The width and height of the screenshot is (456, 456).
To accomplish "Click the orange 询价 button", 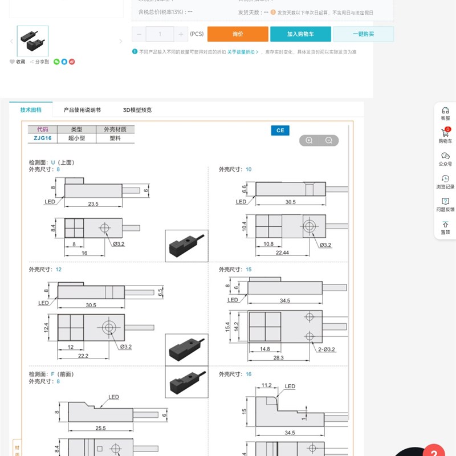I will pos(238,34).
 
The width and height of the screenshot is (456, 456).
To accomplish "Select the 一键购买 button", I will pos(363,34).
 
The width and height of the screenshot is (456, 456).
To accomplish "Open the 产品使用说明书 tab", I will pos(82,110).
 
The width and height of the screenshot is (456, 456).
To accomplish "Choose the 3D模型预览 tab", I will pos(137,110).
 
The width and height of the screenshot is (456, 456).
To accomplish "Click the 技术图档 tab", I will pos(31,110).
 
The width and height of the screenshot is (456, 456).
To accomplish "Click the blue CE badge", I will pos(280,131).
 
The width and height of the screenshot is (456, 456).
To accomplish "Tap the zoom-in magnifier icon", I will pos(309,141).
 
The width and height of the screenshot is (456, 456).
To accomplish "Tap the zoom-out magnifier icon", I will pos(329,141).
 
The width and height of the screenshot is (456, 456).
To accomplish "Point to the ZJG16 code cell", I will pos(42,138).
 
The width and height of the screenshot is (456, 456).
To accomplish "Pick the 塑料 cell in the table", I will pos(116,138).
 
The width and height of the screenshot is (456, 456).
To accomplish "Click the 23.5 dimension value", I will pos(93,203).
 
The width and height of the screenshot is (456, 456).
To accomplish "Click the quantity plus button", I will pos(181,34).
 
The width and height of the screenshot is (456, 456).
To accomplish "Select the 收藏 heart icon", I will pos(12,62).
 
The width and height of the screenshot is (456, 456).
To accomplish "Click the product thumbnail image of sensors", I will pos(32,40).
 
